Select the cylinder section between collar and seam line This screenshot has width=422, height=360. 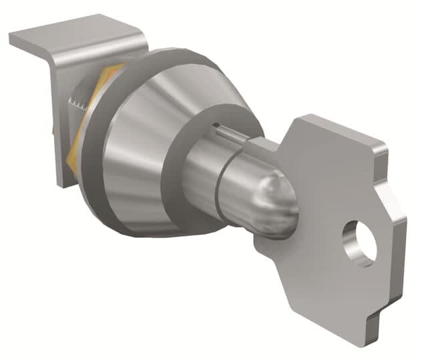(x=200, y=170)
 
